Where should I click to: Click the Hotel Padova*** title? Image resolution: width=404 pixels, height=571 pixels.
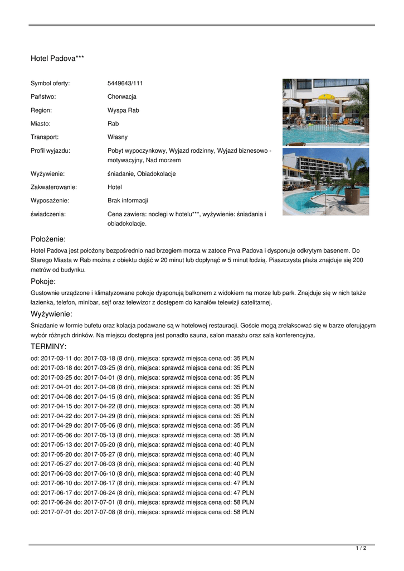(57, 58)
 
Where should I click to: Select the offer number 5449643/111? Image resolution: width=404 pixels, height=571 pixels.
(125, 84)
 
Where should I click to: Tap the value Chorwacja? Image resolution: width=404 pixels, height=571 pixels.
(122, 97)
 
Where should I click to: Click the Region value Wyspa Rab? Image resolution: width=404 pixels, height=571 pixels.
(123, 110)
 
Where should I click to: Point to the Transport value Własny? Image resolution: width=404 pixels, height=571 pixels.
(118, 137)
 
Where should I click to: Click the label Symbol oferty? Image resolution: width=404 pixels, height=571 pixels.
(50, 84)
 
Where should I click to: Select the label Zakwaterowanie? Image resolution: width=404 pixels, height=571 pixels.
(53, 187)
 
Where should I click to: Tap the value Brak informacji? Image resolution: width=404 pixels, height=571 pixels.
(128, 201)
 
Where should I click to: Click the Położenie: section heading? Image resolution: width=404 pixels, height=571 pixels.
(48, 239)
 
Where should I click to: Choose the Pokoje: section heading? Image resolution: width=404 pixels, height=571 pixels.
(43, 282)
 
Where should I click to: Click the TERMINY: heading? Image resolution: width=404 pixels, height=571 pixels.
(48, 347)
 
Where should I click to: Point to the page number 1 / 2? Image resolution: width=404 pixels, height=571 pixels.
(361, 549)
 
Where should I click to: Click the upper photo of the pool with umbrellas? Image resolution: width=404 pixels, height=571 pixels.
(325, 112)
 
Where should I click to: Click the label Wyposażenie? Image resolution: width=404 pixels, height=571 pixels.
(50, 201)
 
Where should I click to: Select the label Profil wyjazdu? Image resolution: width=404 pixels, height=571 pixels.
(50, 151)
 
